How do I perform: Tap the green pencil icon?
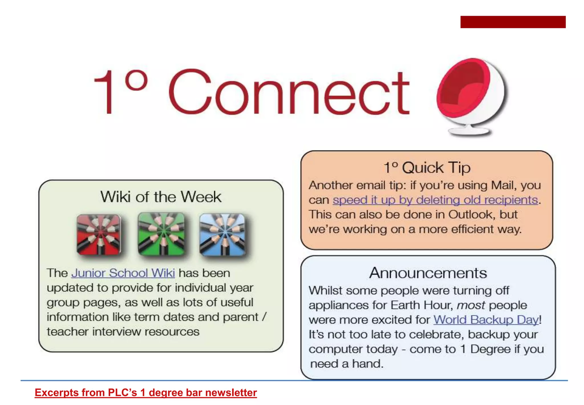point(161,234)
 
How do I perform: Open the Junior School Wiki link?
point(123,273)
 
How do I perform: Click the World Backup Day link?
point(486,320)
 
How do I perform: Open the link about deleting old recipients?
point(435,200)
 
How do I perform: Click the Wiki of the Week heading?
point(161,197)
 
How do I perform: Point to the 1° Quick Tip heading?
point(427,168)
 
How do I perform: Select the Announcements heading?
point(428,273)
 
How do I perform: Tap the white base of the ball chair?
point(469,131)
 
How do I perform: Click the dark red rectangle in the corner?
point(513,22)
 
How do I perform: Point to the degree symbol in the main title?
point(137,80)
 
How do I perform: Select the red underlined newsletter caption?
point(146,393)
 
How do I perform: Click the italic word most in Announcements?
point(471,305)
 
